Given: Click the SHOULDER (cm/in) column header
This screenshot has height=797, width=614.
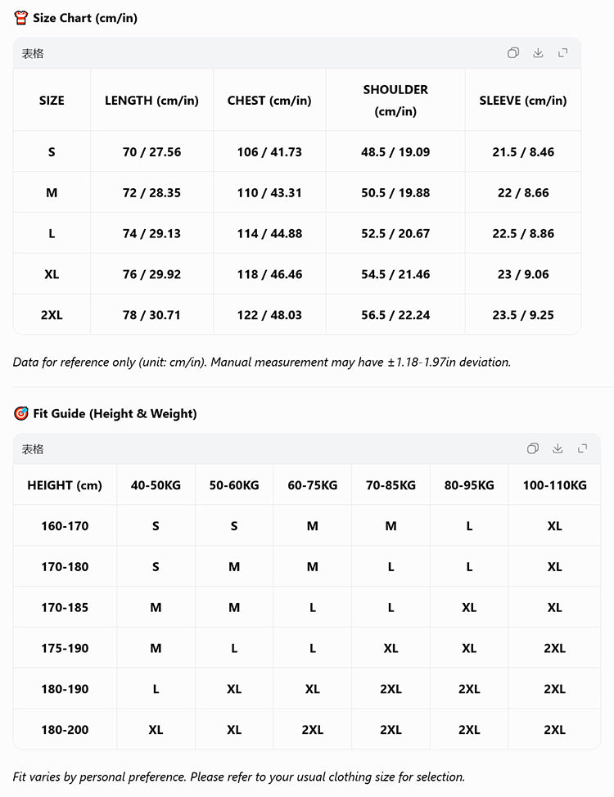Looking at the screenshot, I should [x=395, y=100].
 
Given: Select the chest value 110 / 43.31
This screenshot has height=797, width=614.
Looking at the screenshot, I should [x=269, y=193].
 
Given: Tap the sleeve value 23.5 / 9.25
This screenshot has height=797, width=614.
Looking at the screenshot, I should [x=523, y=315].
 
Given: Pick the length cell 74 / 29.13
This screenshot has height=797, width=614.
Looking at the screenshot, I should [x=151, y=234].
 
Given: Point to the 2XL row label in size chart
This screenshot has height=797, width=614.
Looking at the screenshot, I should [x=52, y=315].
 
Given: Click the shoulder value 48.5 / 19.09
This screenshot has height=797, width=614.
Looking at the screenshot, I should [x=395, y=152].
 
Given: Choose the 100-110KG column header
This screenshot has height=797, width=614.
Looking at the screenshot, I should [x=554, y=485].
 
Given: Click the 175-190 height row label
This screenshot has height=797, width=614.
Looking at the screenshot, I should [x=65, y=648].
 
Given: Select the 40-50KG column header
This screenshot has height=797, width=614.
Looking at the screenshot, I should [x=156, y=485].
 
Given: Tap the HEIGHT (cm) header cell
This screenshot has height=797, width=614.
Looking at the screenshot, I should [x=65, y=485].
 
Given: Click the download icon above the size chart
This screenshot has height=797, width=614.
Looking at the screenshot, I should [x=538, y=53].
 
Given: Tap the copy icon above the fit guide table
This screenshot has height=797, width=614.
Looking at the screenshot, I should [x=533, y=448].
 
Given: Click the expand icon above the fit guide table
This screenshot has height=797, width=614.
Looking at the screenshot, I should [x=582, y=448].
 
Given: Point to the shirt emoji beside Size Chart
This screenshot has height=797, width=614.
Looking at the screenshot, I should [x=21, y=18].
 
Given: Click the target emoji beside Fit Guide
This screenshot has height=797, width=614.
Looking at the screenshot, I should [x=21, y=413].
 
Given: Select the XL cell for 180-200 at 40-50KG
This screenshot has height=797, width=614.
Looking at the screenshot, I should [x=156, y=730].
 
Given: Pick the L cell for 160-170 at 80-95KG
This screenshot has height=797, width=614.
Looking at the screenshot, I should [x=469, y=526].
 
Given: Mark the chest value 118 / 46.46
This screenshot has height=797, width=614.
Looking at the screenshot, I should [x=269, y=275].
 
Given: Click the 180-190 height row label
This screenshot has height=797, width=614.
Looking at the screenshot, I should [x=65, y=689].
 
